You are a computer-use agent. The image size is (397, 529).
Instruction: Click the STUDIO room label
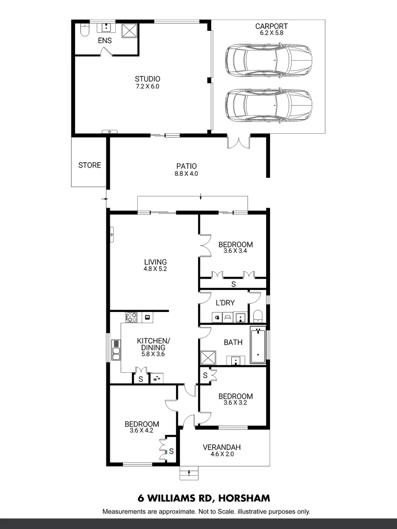click(148, 79)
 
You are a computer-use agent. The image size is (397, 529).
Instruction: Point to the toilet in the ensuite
click(84, 31)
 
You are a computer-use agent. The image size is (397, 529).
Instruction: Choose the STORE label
click(90, 165)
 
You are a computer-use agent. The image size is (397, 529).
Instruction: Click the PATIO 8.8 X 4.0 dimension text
click(186, 173)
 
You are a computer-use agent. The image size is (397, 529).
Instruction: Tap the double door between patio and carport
click(239, 142)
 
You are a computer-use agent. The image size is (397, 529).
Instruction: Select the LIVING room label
click(155, 262)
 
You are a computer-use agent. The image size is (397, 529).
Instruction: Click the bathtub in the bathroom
click(258, 345)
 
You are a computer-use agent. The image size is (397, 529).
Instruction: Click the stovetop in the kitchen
click(131, 317)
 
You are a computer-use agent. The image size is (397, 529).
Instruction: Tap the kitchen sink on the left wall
click(116, 350)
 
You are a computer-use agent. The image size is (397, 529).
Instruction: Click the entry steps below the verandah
click(189, 473)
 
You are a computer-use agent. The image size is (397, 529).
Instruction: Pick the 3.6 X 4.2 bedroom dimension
click(142, 431)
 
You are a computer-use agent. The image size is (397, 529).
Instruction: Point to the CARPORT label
click(271, 26)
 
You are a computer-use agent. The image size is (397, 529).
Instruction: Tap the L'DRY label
click(225, 303)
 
